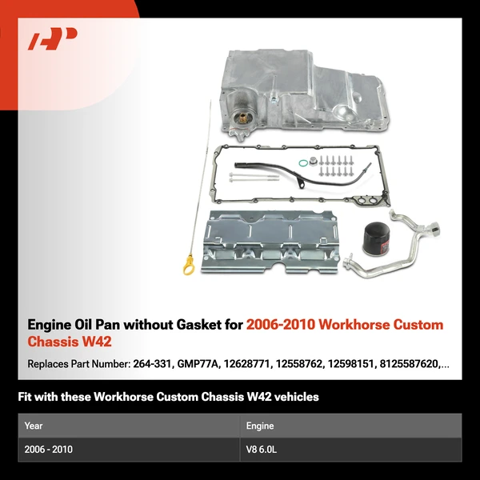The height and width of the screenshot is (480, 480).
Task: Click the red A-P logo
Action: (52, 38)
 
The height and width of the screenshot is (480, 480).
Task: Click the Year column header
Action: (34, 426)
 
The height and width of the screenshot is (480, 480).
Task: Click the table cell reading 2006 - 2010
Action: (49, 450)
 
